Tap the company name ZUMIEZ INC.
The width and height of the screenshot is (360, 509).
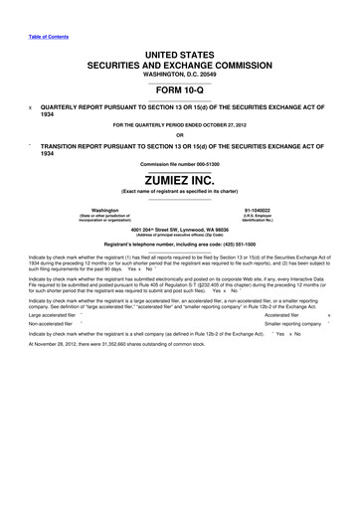click(x=179, y=180)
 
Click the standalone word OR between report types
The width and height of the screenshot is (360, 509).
click(x=179, y=135)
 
